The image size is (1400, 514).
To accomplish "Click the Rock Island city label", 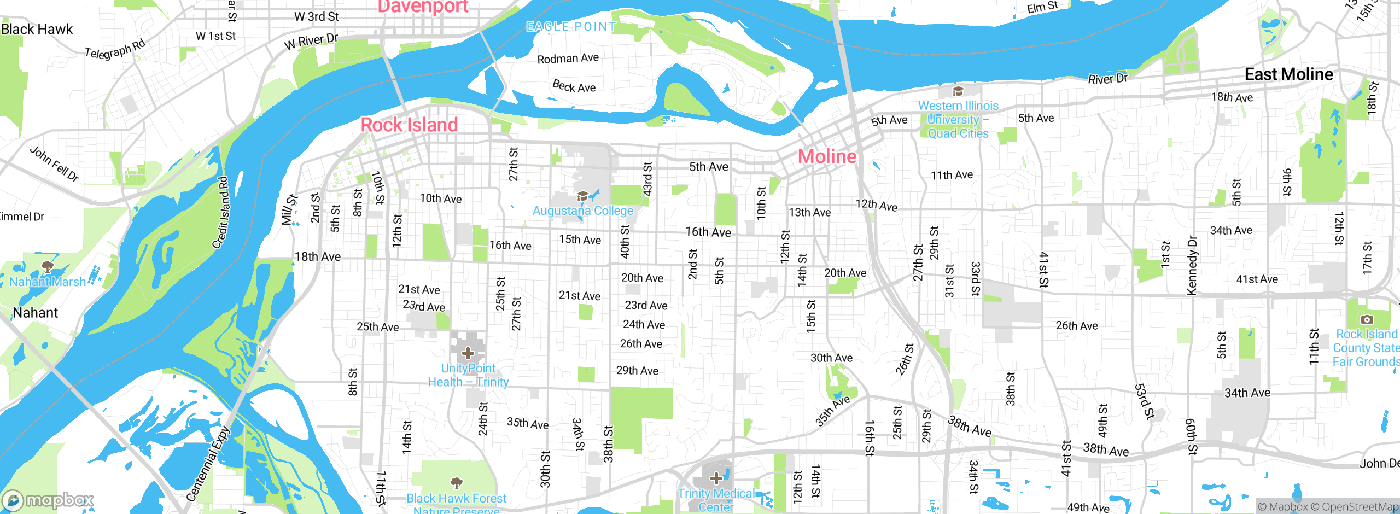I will click(409, 125).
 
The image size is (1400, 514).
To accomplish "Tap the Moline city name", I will click(827, 156).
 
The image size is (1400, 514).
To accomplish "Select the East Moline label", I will click(1288, 74).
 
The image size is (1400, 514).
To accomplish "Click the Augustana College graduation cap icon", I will click(582, 196).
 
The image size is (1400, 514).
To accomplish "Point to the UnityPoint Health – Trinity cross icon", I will click(468, 353).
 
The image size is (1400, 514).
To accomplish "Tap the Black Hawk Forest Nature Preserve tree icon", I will click(456, 483).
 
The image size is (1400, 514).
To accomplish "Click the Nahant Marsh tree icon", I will click(48, 267).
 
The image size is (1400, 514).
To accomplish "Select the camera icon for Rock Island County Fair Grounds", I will click(1366, 319).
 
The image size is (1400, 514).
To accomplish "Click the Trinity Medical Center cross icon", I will click(716, 479).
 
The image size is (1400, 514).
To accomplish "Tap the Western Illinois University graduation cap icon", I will click(958, 91).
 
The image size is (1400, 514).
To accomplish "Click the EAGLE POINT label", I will click(571, 26).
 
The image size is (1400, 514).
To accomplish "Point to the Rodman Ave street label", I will click(568, 58).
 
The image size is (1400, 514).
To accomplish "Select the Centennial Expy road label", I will click(208, 464).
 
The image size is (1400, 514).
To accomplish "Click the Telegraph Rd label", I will click(115, 49).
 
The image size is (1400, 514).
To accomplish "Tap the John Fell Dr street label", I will click(54, 163).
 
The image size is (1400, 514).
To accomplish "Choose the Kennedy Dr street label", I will click(1192, 265).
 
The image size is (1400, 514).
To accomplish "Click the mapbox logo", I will click(48, 500).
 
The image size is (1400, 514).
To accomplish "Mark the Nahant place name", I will click(35, 313).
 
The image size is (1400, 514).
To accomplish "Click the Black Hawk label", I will click(37, 29).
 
